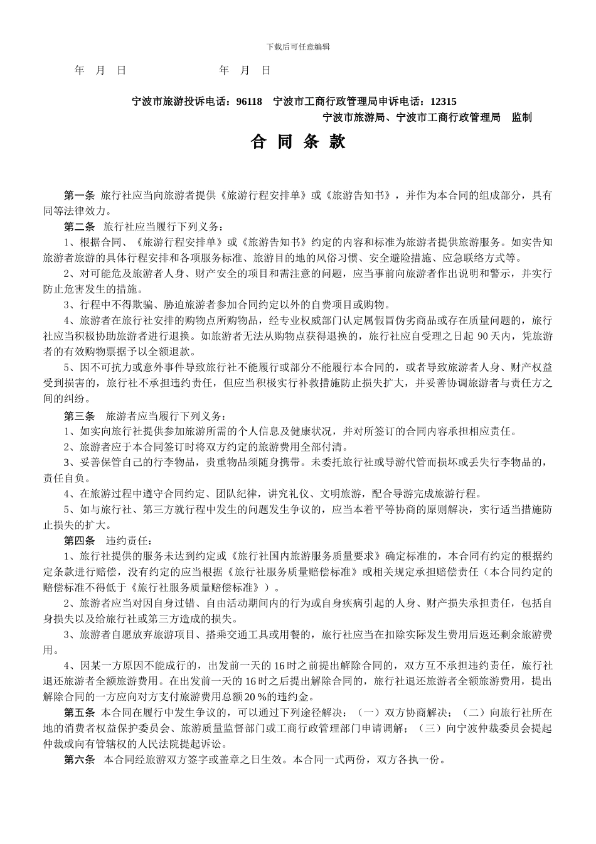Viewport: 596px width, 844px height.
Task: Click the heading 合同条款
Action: point(298,143)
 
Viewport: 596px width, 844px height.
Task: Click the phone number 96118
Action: point(249,101)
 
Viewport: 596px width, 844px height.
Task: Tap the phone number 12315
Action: point(444,101)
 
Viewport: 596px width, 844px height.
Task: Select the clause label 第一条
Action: point(79,195)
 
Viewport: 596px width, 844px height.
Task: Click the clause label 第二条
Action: point(79,226)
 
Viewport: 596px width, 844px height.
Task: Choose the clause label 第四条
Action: point(79,540)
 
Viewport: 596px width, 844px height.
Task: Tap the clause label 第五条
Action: point(79,713)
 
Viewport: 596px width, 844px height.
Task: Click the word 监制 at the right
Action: point(521,117)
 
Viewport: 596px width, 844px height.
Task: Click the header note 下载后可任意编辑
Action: point(298,46)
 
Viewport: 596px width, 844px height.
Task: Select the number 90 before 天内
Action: point(483,336)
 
